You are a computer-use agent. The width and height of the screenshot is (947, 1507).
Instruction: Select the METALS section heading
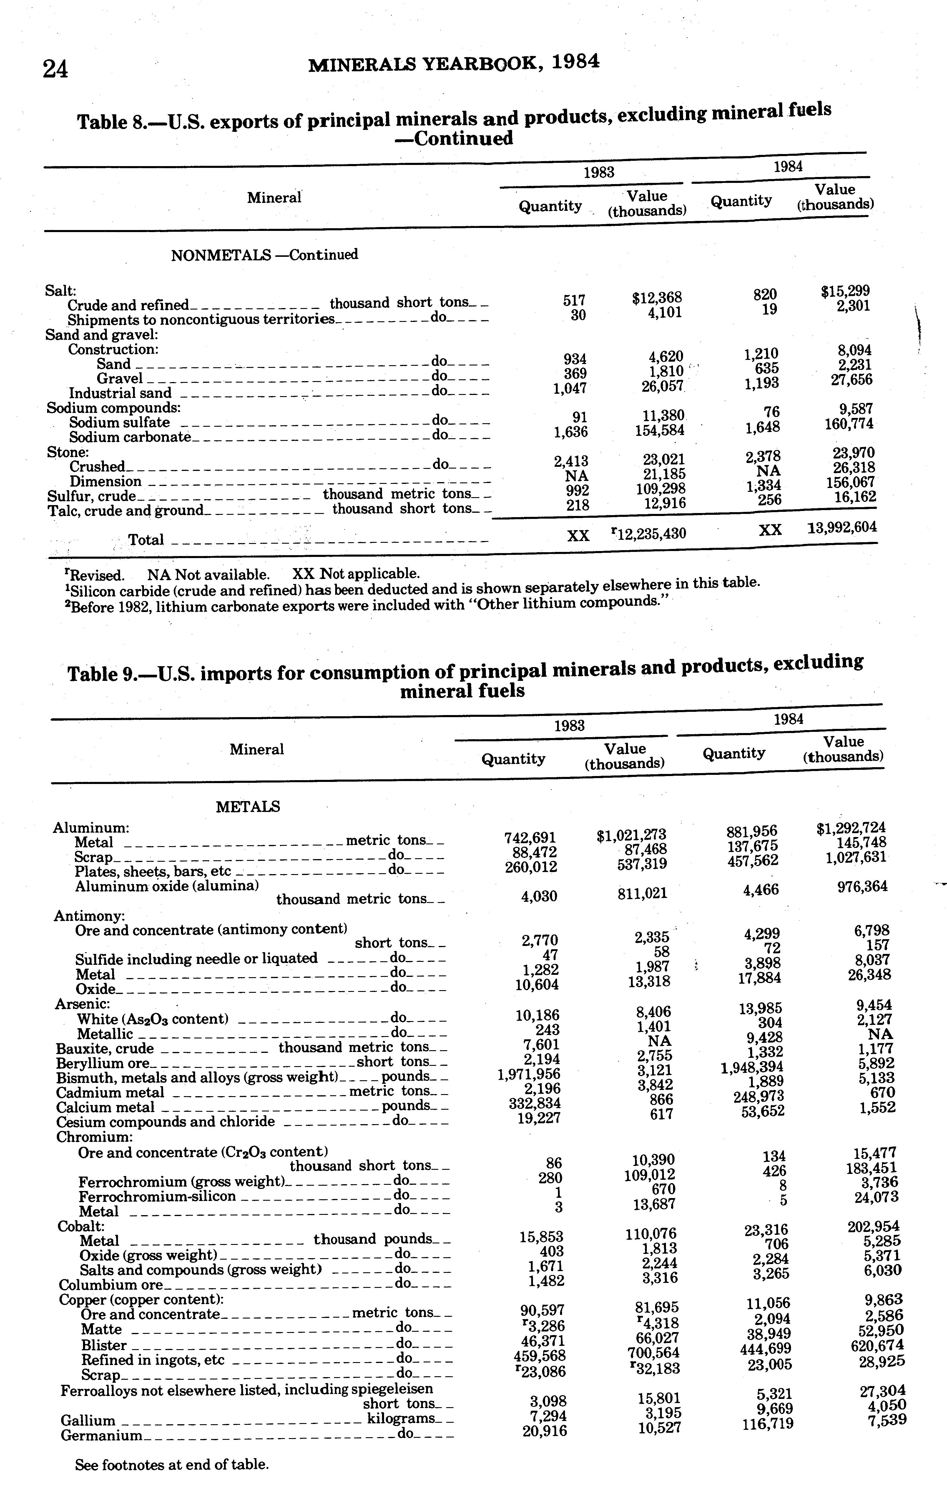point(248,807)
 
